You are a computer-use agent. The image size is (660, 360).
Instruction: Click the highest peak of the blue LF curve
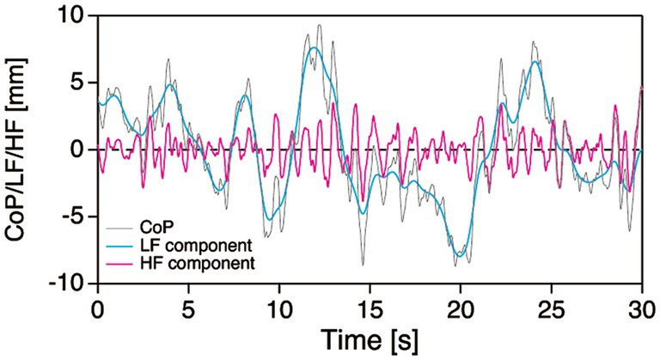click(315, 48)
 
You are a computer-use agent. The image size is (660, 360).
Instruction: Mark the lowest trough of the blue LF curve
click(461, 256)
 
